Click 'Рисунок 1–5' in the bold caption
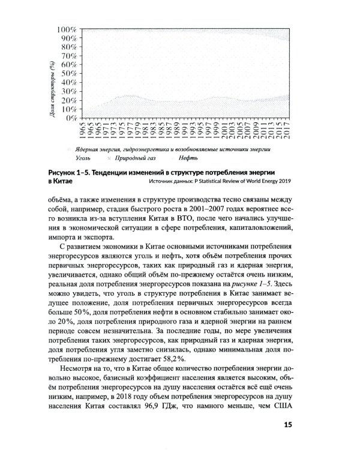pyautogui.click(x=71, y=173)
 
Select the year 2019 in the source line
pyautogui.click(x=281, y=182)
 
